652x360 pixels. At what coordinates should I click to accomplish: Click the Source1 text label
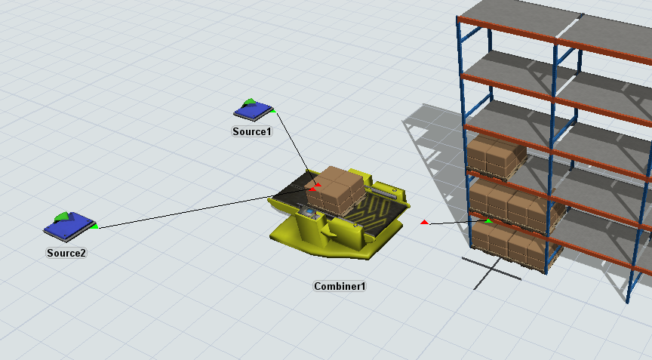pyautogui.click(x=251, y=131)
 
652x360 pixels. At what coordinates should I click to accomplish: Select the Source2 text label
pyautogui.click(x=66, y=253)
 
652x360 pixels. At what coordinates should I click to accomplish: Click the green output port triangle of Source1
pyautogui.click(x=273, y=112)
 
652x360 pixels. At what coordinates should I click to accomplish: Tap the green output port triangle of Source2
pyautogui.click(x=94, y=226)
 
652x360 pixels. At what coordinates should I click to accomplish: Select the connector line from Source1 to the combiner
pyautogui.click(x=291, y=143)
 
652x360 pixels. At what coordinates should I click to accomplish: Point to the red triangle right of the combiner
pyautogui.click(x=424, y=222)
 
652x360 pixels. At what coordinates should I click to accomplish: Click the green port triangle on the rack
pyautogui.click(x=488, y=220)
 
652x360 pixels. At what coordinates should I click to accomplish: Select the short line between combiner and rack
pyautogui.click(x=457, y=223)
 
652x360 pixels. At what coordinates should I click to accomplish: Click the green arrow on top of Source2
pyautogui.click(x=62, y=217)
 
